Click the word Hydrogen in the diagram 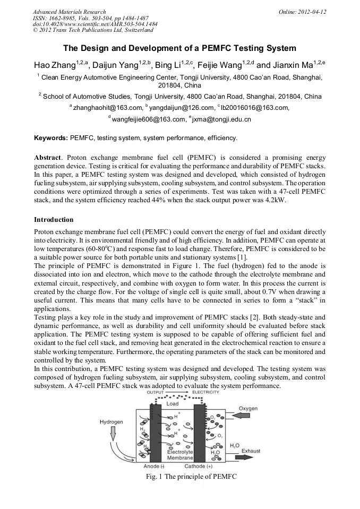pyautogui.click(x=112, y=422)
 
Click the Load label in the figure pyautogui.click(x=173, y=403)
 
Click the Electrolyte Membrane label pyautogui.click(x=179, y=454)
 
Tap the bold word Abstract pyautogui.click(x=47, y=158)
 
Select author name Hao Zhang pyautogui.click(x=52, y=65)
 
